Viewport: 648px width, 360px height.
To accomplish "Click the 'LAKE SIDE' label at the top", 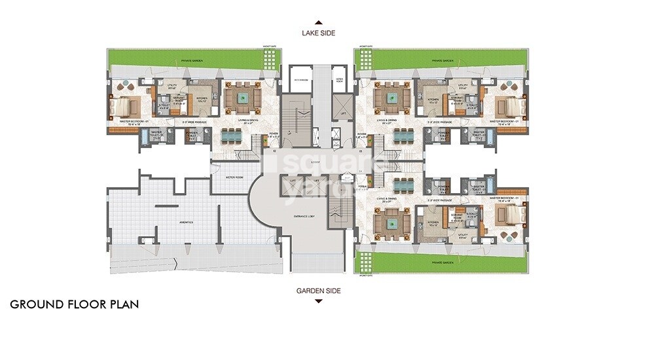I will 317,31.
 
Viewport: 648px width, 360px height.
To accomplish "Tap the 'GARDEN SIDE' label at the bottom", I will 317,291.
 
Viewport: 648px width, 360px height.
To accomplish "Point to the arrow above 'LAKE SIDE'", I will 317,21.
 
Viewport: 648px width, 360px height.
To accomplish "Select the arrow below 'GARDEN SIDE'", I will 317,301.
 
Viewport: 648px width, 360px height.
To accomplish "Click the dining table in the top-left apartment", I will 232,135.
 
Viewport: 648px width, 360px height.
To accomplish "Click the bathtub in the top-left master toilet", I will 145,137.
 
